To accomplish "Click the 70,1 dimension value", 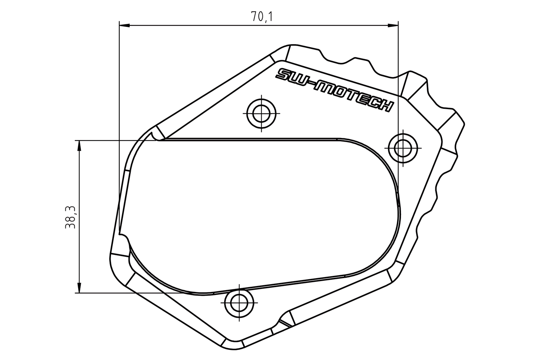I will coord(262,17).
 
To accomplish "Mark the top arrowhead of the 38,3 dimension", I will coord(79,146).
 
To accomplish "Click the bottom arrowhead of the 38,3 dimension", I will coord(79,287).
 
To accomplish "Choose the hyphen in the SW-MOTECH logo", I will coord(309,84).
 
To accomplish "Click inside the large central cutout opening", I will coord(258,213).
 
